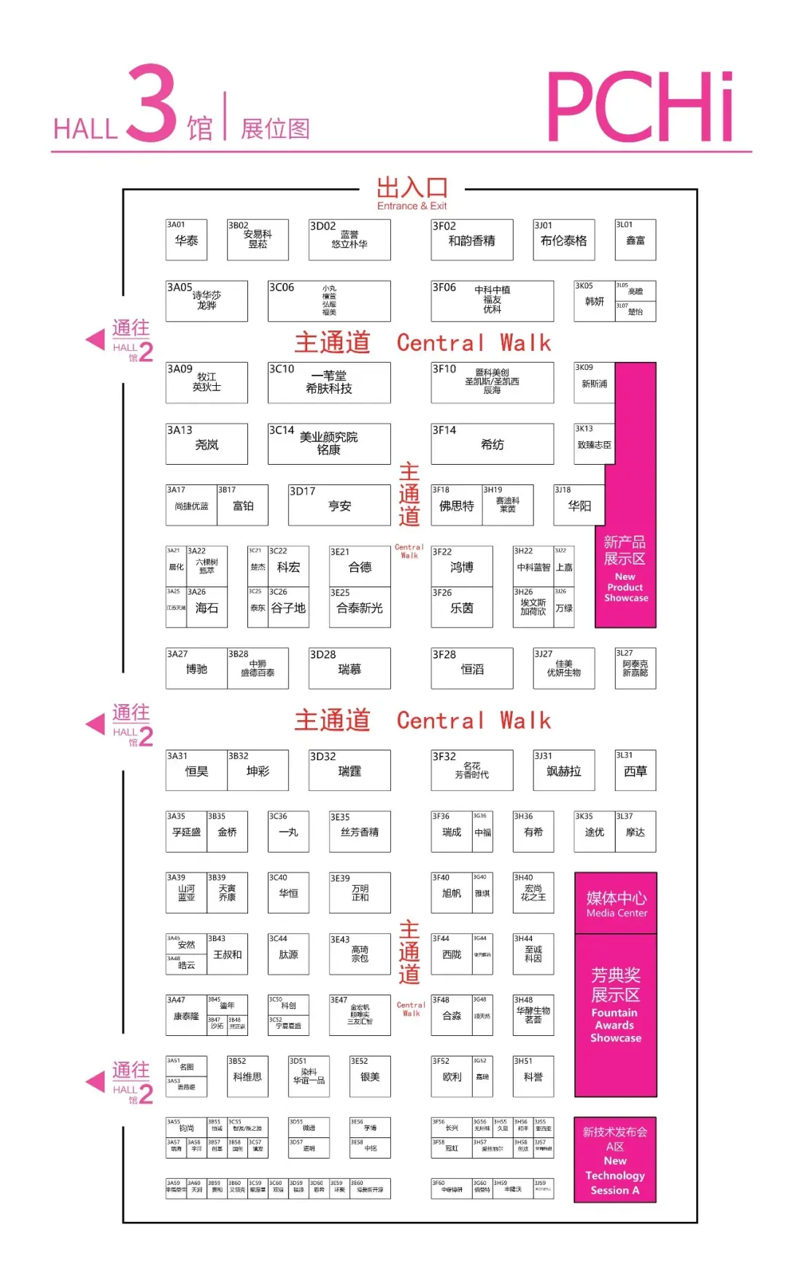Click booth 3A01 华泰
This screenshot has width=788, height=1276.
click(186, 240)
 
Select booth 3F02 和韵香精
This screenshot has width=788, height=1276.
click(471, 240)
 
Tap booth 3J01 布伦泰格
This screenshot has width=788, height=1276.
click(563, 240)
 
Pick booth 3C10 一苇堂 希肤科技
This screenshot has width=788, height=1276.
click(328, 383)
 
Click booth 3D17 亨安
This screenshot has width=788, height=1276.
click(339, 506)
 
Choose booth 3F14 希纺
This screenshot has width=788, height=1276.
click(492, 444)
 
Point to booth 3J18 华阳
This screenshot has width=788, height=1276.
click(579, 506)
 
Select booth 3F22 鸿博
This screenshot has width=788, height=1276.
click(461, 567)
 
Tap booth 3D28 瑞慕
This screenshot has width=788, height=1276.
click(349, 669)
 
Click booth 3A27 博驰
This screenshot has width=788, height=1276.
click(196, 669)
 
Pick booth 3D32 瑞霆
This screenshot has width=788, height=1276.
click(349, 771)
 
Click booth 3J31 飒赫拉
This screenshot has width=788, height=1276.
click(563, 771)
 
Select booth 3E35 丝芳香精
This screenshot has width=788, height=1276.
click(359, 832)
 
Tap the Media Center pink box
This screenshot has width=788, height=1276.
click(616, 903)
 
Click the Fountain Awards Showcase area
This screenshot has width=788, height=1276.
click(616, 1014)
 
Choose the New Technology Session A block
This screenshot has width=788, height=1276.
click(615, 1160)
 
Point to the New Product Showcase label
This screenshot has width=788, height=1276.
click(625, 569)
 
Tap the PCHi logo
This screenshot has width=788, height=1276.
click(640, 107)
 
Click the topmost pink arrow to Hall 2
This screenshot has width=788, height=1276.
click(96, 339)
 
